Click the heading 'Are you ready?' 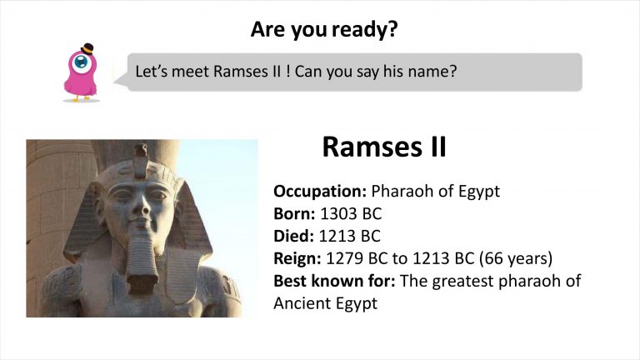324,29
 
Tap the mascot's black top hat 87,49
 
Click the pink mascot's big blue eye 81,62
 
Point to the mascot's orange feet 81,98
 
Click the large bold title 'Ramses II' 384,147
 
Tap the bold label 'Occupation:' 320,192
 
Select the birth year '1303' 336,213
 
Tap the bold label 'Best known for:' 334,281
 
